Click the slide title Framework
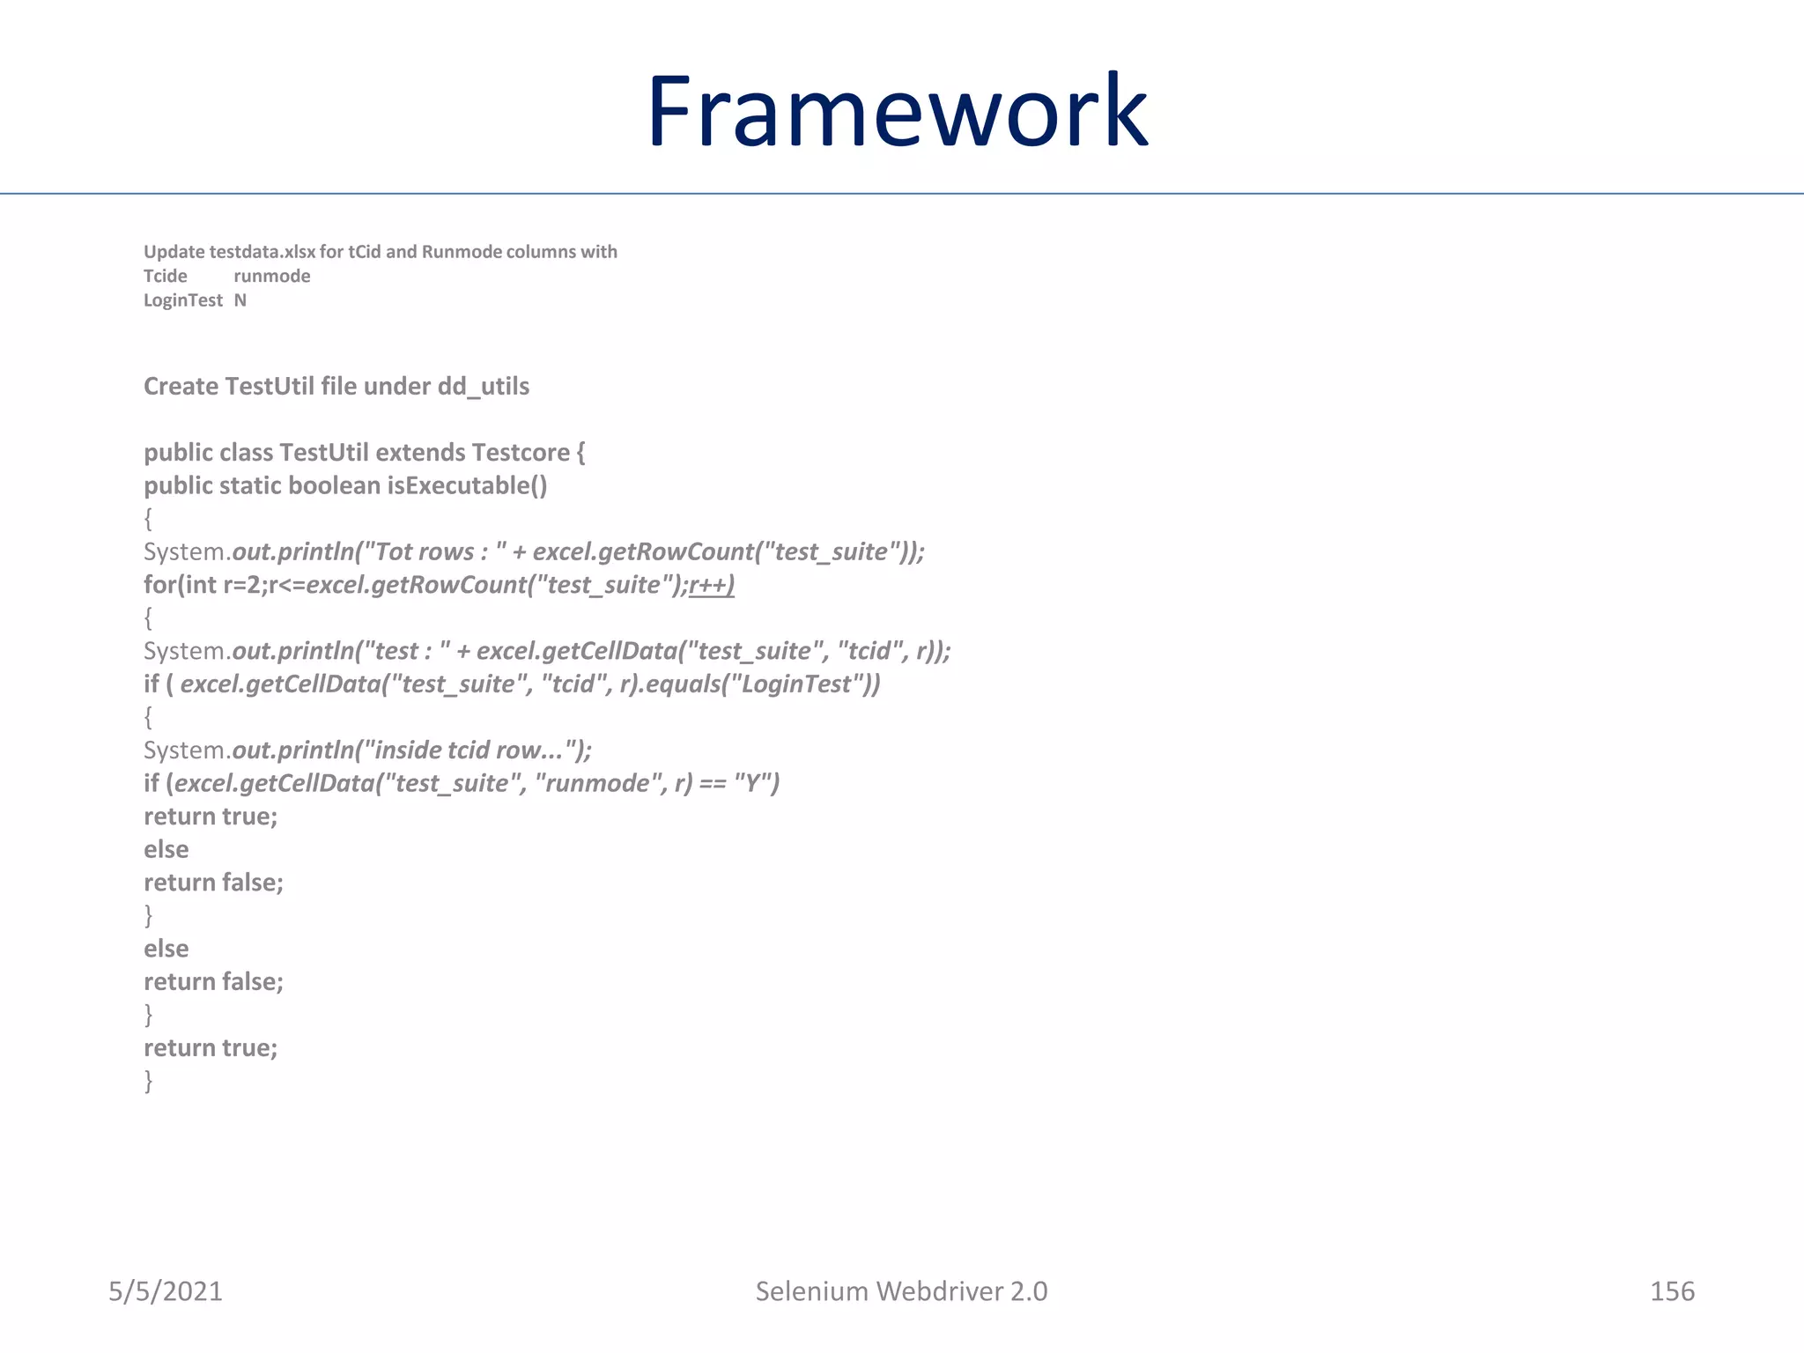[x=897, y=112]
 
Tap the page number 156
[x=1671, y=1291]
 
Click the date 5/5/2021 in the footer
[x=166, y=1291]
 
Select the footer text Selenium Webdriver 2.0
[x=901, y=1291]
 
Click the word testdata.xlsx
[x=262, y=252]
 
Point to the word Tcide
[x=166, y=277]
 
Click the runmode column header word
[x=271, y=277]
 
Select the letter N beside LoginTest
[x=240, y=300]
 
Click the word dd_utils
[x=484, y=387]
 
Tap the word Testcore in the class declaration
[x=521, y=453]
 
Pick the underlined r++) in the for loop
[x=712, y=585]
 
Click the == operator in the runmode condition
[x=713, y=784]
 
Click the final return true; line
[x=211, y=1048]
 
